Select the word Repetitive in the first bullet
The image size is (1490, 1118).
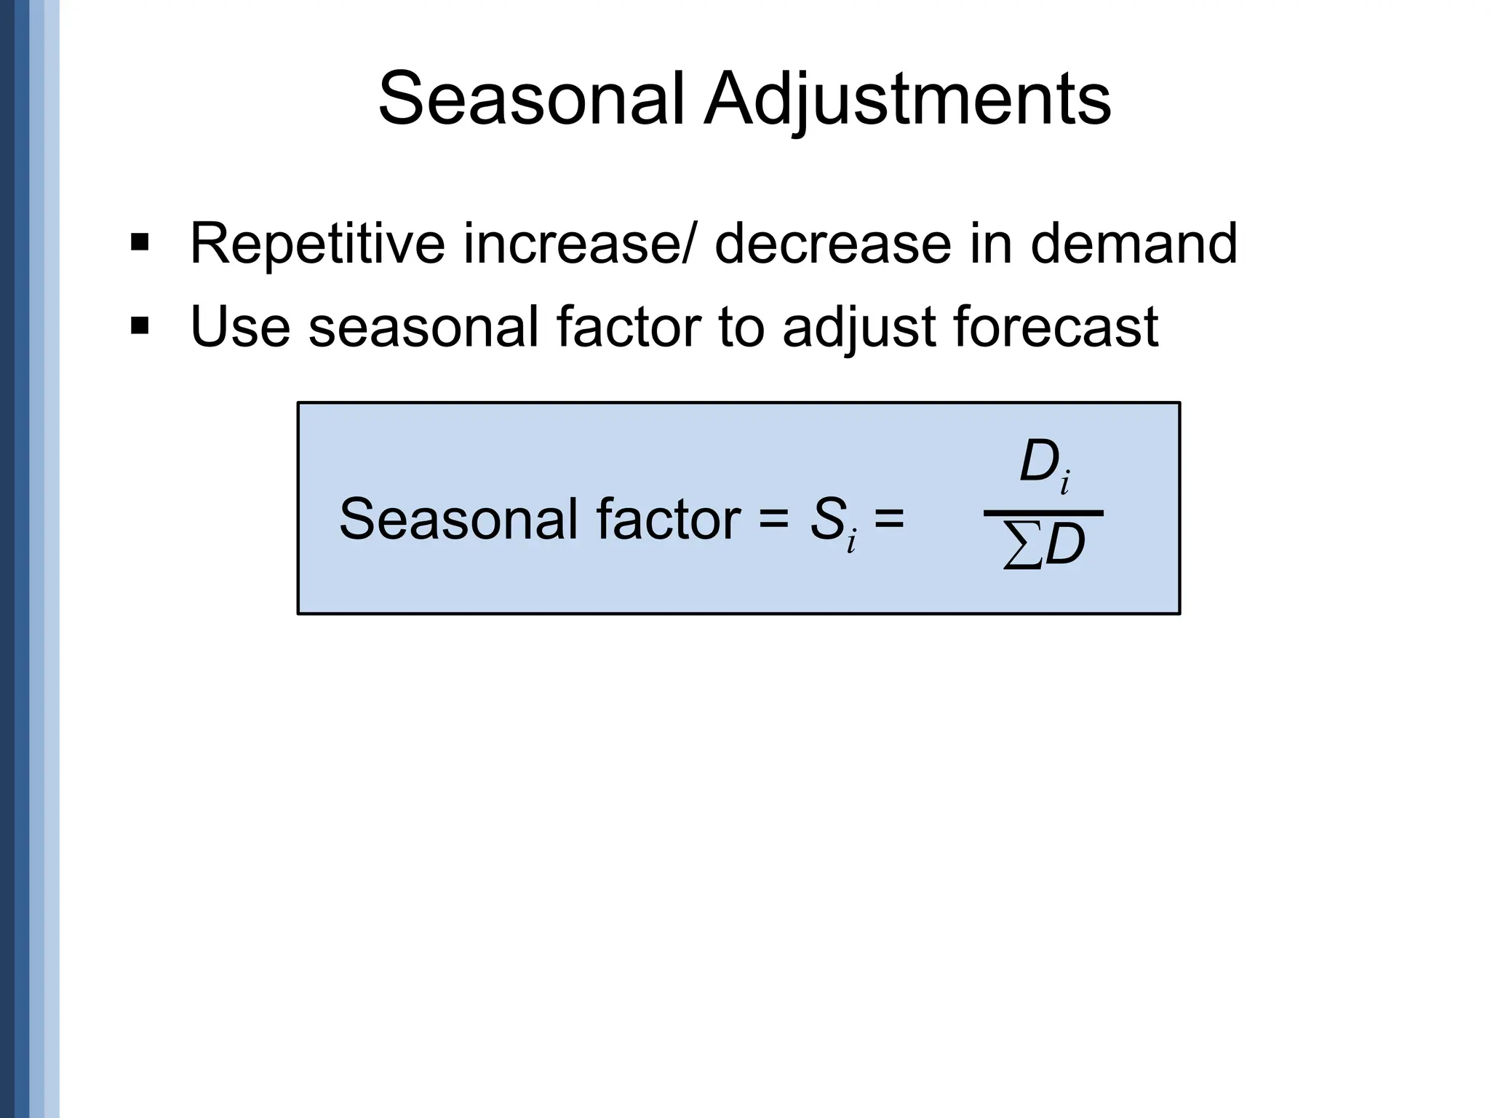pos(316,245)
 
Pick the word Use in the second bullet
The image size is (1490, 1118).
pos(239,327)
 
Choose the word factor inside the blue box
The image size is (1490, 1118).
pos(669,520)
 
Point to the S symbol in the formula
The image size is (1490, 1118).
pos(827,520)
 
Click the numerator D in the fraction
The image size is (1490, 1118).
pos(1039,463)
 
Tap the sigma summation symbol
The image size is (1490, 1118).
pos(1021,547)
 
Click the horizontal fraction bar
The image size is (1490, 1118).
pos(1043,513)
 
